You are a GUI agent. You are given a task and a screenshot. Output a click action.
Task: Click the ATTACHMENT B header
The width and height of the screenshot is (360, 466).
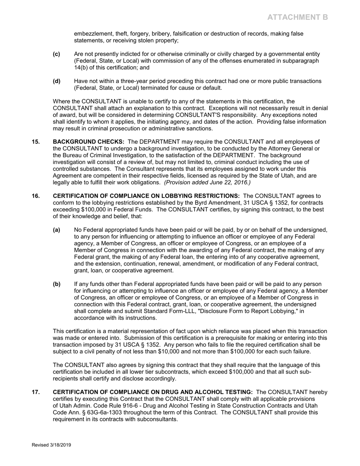tap(297, 17)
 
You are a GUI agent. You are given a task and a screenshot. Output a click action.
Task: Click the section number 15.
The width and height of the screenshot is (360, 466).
tap(35, 142)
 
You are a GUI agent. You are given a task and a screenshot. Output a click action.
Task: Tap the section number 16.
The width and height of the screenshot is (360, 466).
tap(35, 196)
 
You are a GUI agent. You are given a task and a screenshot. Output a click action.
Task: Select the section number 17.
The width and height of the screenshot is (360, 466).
tap(35, 392)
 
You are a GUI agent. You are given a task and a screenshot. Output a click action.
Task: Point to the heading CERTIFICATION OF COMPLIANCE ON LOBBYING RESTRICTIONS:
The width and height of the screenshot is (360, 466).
tap(146, 196)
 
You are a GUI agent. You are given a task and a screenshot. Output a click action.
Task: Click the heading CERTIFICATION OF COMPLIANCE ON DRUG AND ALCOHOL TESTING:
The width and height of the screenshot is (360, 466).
tap(153, 392)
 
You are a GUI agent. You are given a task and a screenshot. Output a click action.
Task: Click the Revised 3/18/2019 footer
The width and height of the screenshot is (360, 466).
tap(51, 445)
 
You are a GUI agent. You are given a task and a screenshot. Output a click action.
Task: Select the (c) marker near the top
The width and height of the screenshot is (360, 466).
tap(56, 54)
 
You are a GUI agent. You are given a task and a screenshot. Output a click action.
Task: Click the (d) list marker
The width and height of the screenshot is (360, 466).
tap(56, 81)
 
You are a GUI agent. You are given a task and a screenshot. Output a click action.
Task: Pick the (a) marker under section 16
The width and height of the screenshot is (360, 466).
tap(56, 230)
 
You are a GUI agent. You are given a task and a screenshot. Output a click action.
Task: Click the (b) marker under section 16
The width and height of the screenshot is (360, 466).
tap(56, 284)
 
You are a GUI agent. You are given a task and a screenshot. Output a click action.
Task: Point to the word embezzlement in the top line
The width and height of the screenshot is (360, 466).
tap(91, 34)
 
